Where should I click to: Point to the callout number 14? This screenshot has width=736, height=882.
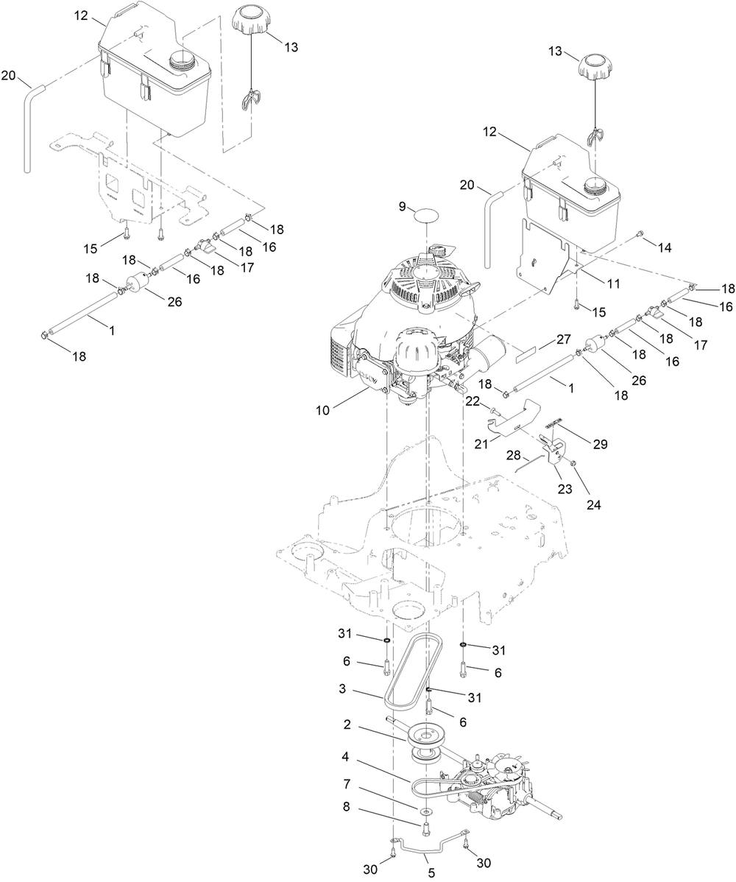(x=665, y=249)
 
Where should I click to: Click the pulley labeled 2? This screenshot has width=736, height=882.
(x=423, y=735)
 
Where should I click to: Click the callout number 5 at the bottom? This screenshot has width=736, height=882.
(x=431, y=873)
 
